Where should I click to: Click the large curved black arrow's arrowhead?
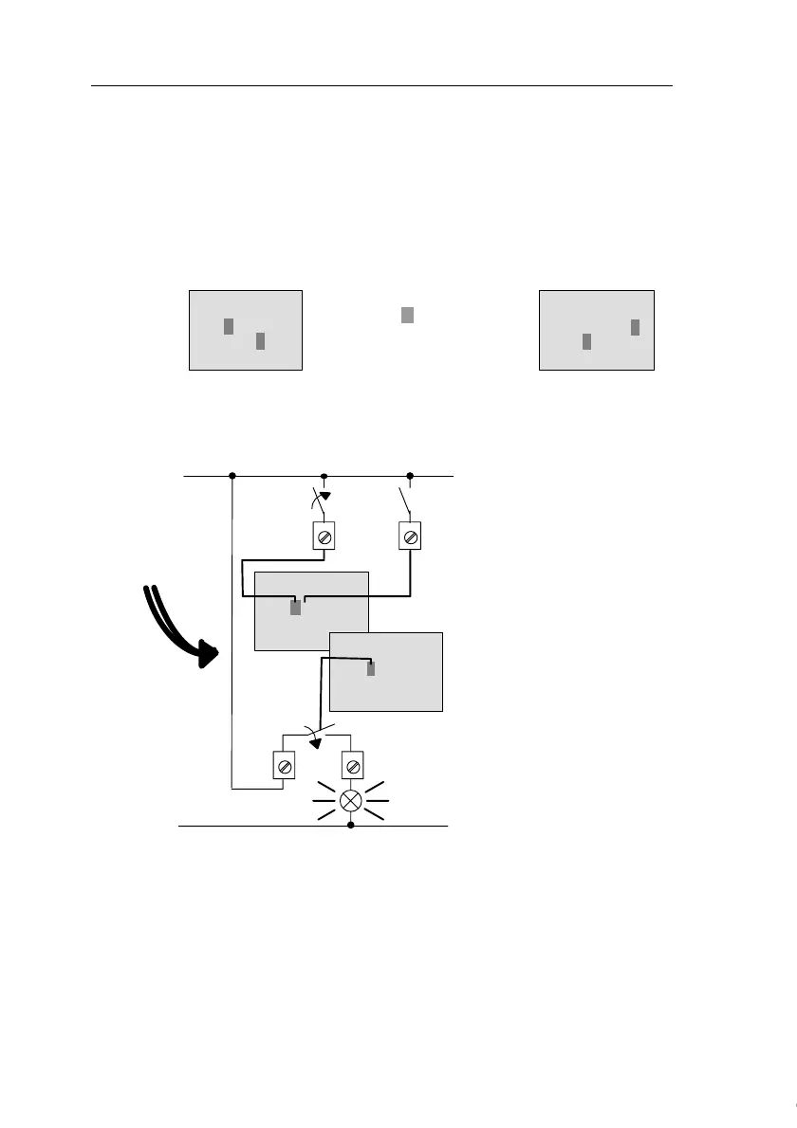click(x=207, y=654)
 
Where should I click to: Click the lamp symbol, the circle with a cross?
click(x=351, y=800)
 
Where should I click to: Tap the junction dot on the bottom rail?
click(x=351, y=826)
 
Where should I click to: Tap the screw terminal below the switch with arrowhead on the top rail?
click(x=324, y=536)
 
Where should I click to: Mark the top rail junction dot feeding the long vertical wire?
click(x=232, y=475)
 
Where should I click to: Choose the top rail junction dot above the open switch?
click(x=410, y=475)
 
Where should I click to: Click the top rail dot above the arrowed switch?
click(x=324, y=475)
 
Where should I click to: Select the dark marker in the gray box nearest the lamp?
click(x=371, y=668)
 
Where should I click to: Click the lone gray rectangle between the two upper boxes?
click(x=407, y=315)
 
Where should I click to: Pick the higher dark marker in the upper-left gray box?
click(x=229, y=326)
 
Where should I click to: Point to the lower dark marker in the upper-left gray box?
click(x=260, y=341)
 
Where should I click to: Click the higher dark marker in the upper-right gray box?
click(x=635, y=327)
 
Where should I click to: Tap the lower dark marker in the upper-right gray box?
click(x=587, y=341)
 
